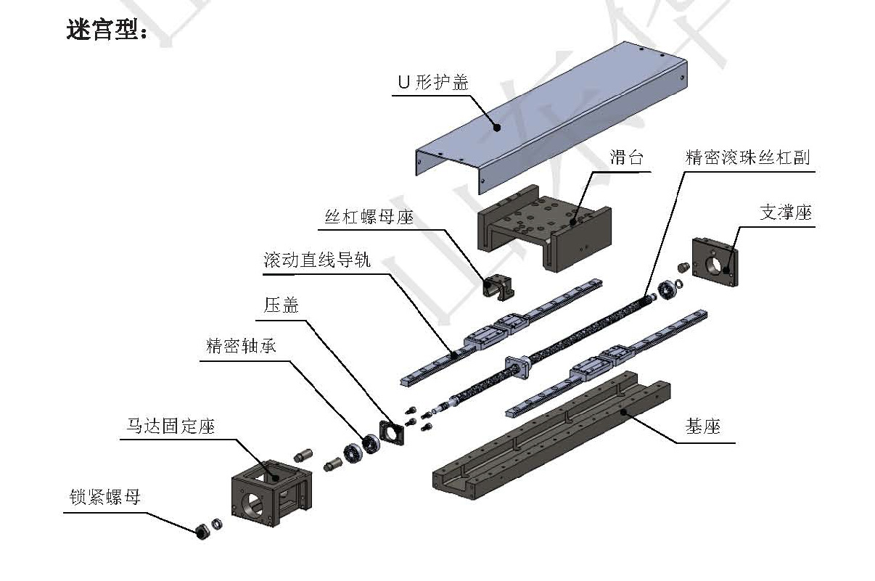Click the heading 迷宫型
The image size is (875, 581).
107,30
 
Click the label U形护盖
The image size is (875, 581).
432,82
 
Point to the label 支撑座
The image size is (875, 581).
785,213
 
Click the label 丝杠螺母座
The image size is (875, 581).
369,216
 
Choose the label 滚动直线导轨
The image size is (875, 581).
317,260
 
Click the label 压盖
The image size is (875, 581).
281,305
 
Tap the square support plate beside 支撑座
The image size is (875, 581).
718,262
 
